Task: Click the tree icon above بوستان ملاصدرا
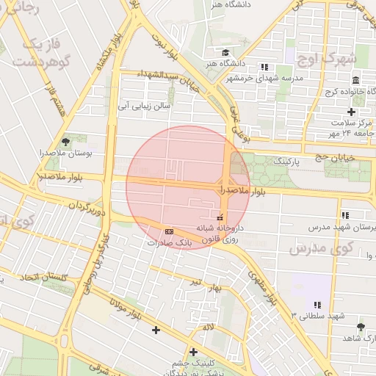(66, 141)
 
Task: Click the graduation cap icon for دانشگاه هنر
(225, 52)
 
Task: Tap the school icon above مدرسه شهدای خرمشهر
(264, 67)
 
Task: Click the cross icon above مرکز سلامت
(351, 112)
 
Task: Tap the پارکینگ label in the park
(286, 159)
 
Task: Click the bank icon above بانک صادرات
(170, 231)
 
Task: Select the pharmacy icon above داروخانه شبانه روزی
(220, 217)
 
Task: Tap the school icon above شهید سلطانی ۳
(317, 304)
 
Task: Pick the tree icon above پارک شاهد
(360, 326)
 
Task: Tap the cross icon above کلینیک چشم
(193, 352)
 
